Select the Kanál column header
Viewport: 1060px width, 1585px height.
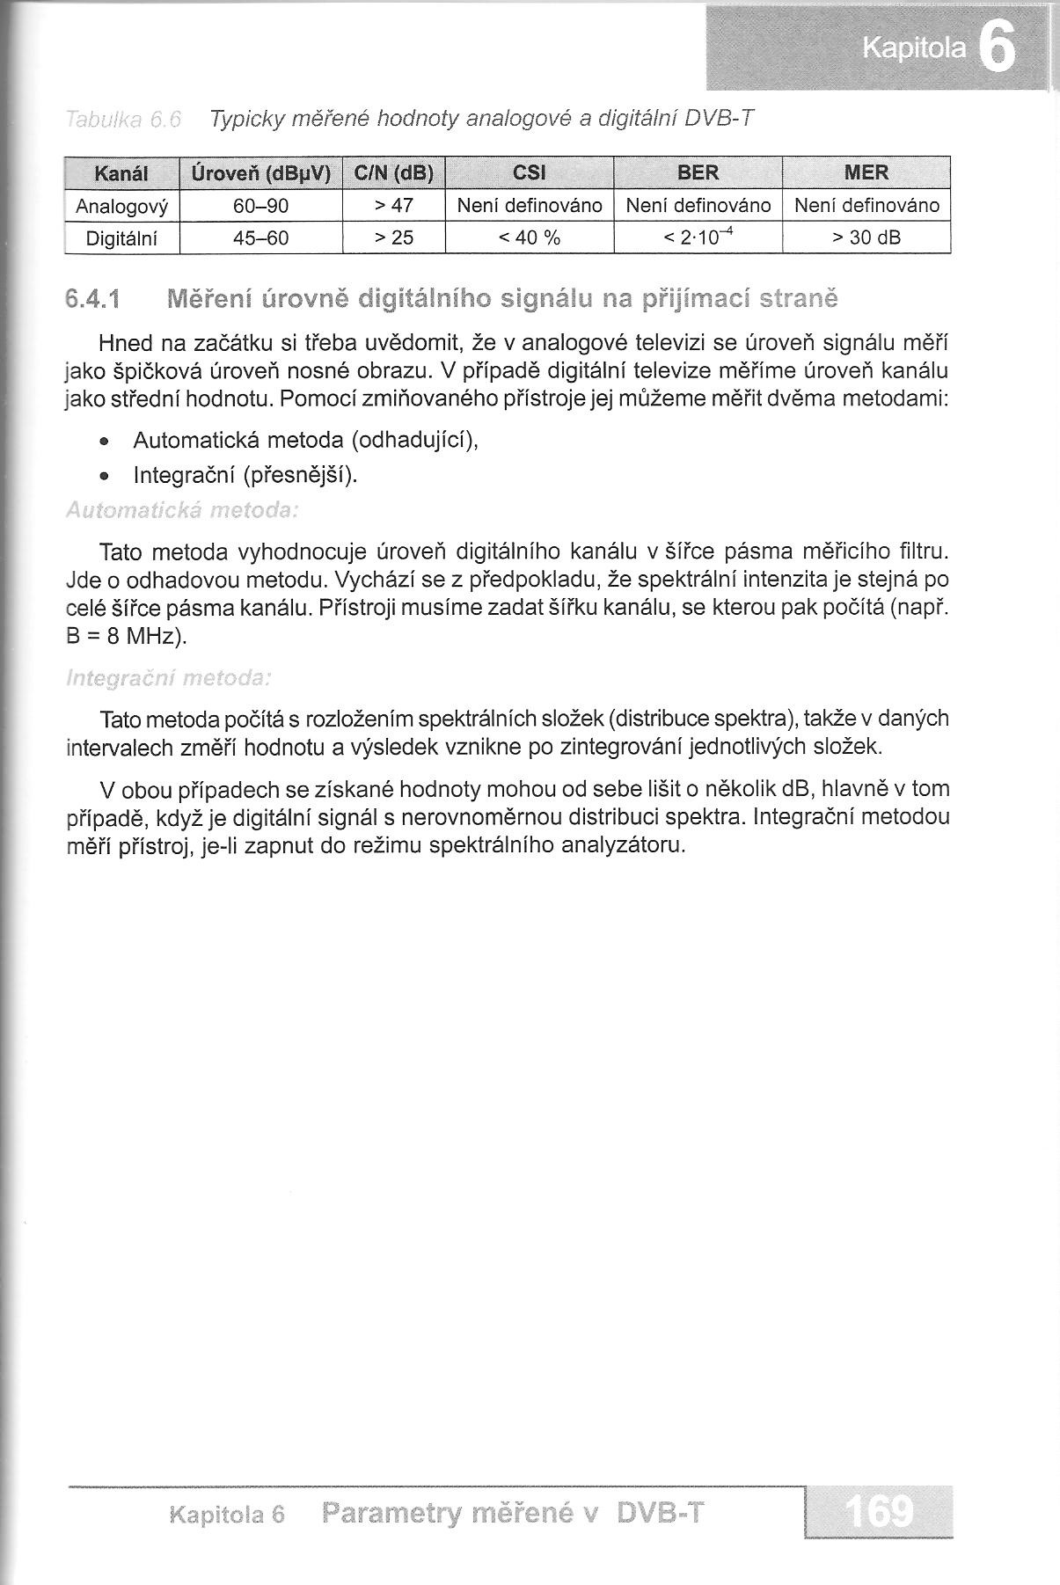pos(121,173)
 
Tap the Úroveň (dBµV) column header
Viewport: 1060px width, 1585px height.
pos(260,173)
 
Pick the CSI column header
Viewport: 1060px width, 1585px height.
pos(529,173)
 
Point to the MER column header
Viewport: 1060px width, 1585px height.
pos(866,173)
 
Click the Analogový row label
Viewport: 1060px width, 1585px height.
pos(121,206)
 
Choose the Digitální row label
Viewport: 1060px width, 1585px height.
pos(121,238)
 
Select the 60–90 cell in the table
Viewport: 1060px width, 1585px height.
pos(260,206)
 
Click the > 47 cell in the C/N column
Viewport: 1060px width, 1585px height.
pos(393,206)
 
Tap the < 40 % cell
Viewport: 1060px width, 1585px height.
pos(529,238)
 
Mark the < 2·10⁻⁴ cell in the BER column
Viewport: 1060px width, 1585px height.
pos(697,237)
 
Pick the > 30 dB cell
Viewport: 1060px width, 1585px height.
pos(866,238)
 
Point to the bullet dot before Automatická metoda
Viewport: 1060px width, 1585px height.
pos(105,441)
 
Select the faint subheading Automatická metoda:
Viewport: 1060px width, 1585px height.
pos(182,511)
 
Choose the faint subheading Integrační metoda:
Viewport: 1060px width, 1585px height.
pos(168,678)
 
